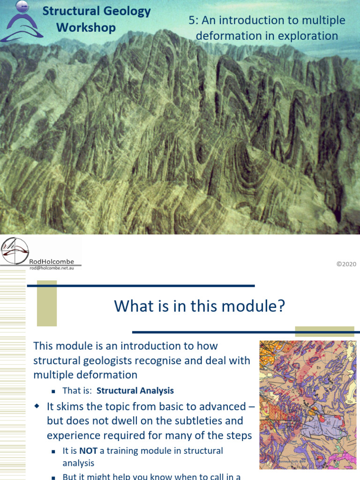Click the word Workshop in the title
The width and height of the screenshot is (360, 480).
[86, 28]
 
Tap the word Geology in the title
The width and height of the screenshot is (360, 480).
[127, 11]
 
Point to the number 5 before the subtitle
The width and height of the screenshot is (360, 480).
[191, 21]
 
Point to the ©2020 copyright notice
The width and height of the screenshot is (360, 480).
[346, 264]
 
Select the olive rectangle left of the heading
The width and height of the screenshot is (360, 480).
[47, 303]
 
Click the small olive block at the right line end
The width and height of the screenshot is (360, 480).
[324, 331]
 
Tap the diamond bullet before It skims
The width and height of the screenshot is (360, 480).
[37, 406]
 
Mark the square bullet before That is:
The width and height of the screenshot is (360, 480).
[53, 391]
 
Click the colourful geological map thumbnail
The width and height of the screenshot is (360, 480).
[308, 405]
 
